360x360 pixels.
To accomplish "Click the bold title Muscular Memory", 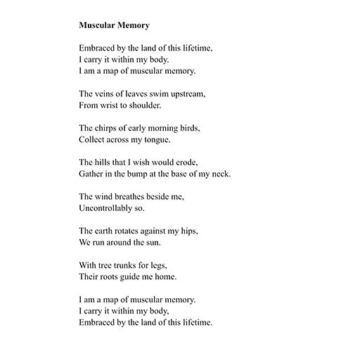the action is point(115,25).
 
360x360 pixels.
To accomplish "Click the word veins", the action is point(108,94).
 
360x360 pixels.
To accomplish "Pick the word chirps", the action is point(110,127).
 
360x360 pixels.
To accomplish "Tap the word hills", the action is point(106,162).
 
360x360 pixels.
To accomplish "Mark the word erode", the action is point(195,162).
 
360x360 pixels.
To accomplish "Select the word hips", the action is point(190,230).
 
